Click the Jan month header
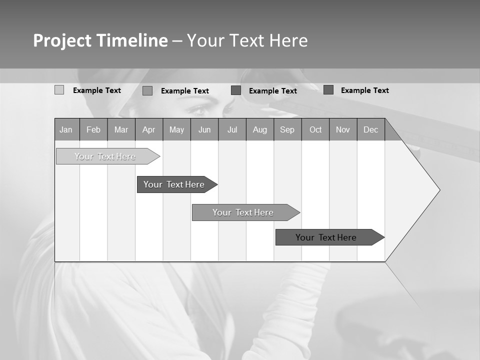66,129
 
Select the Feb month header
93,129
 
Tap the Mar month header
121,129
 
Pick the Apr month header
149,129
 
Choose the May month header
176,129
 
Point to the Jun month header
204,129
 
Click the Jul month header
232,129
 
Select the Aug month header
260,129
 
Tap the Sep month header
287,129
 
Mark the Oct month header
315,129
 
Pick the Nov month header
343,129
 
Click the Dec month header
371,129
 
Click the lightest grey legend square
59,90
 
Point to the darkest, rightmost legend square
328,90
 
